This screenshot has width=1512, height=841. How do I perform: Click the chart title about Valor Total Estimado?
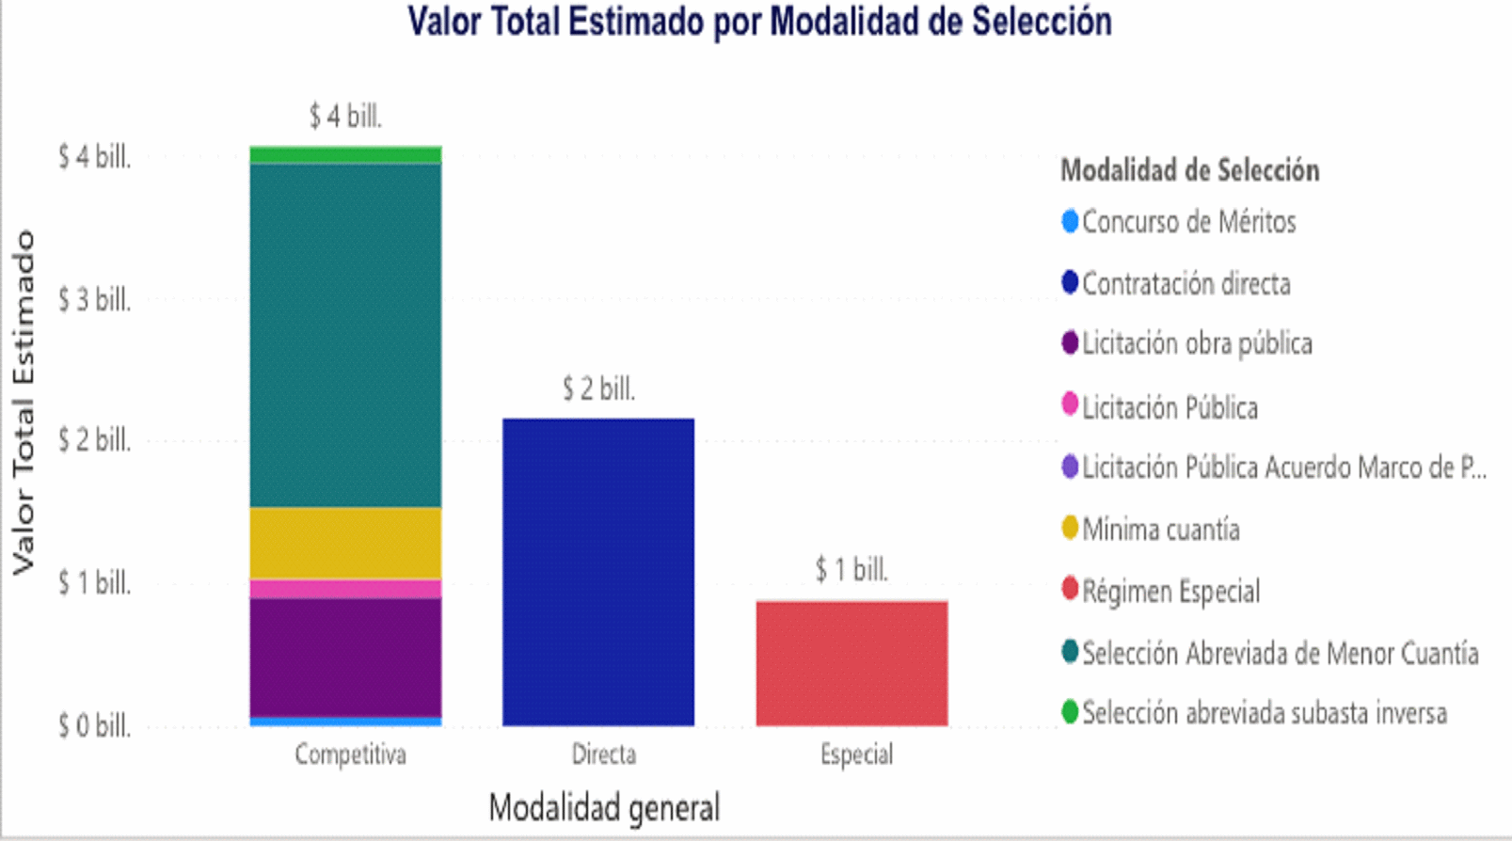759,22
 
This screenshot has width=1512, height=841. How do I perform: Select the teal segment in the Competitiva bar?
345,335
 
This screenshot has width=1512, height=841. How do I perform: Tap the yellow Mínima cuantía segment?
345,543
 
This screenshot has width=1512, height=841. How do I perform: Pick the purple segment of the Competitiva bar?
345,657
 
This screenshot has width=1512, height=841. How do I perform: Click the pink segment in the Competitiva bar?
345,589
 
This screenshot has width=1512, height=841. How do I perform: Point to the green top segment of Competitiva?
345,155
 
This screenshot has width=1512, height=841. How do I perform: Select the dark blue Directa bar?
598,571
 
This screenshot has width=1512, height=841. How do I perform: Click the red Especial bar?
851,662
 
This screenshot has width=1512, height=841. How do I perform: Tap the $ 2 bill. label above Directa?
598,389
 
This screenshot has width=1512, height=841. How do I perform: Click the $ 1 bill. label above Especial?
851,569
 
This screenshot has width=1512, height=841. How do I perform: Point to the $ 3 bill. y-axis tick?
94,300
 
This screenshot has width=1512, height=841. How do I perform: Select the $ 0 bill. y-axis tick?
94,725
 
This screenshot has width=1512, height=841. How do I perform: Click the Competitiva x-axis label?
350,754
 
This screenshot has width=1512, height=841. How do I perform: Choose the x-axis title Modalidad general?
604,807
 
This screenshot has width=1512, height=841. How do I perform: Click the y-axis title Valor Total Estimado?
23,403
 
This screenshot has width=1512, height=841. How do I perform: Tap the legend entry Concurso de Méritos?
1187,222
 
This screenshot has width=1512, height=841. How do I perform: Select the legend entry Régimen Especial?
1170,592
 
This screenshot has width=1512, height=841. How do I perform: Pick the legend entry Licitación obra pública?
1196,343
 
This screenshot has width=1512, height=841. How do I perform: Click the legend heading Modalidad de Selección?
1189,170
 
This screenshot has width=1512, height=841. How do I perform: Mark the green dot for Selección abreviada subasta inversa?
1070,712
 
